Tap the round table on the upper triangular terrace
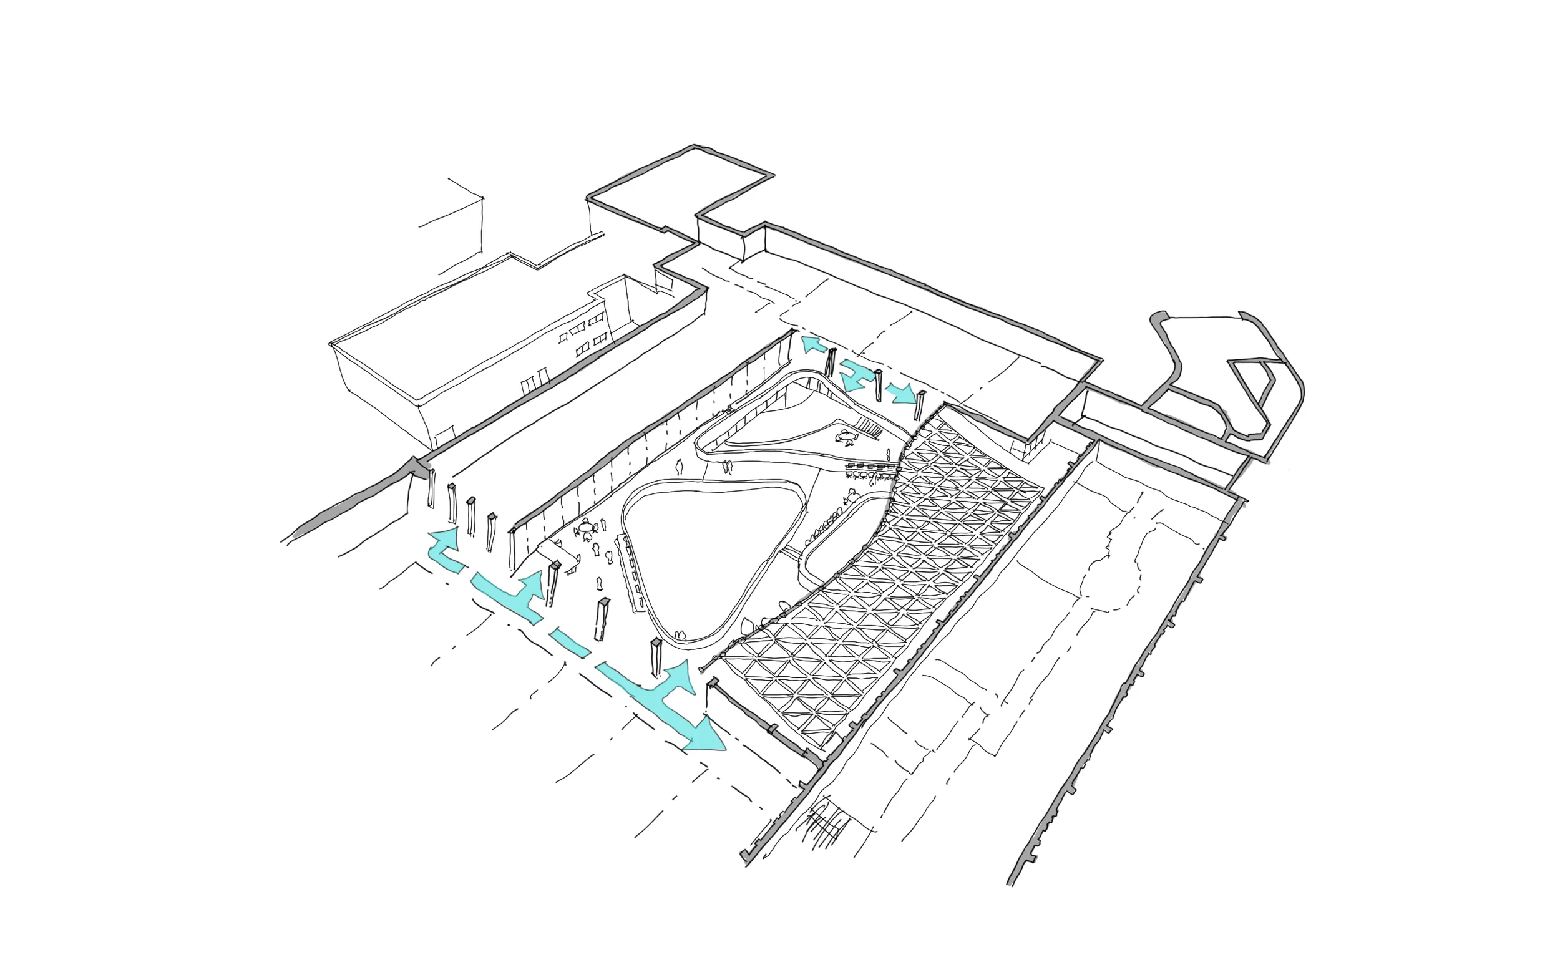point(846,439)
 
